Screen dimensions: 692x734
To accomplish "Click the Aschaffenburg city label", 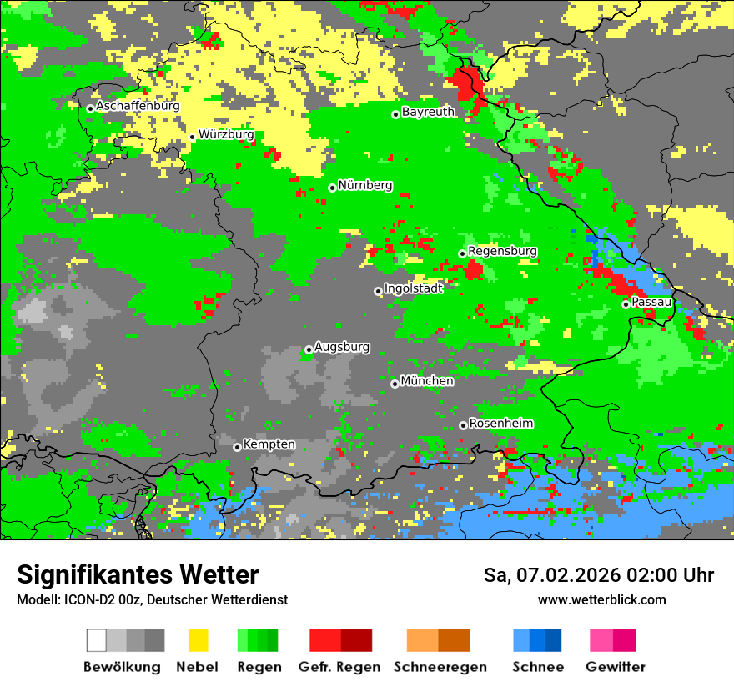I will click(x=138, y=107).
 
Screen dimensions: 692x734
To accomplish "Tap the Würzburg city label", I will click(x=226, y=134).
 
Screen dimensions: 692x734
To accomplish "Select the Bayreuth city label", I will click(x=428, y=112).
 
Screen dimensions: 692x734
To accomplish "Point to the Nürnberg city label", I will click(x=364, y=186).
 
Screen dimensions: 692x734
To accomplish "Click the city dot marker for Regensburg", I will click(x=462, y=253).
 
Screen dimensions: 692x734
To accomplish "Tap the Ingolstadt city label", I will click(x=413, y=288).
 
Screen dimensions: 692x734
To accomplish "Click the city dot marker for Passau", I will click(x=626, y=304).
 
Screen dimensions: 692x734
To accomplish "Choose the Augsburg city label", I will click(x=342, y=347).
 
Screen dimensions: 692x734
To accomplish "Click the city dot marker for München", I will click(x=395, y=384).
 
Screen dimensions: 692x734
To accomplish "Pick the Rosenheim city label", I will click(x=500, y=424).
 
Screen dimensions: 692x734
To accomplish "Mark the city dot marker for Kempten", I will click(x=237, y=447).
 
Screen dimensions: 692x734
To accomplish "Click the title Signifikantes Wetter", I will click(x=138, y=575).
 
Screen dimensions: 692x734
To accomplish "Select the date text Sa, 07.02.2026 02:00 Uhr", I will click(x=598, y=575).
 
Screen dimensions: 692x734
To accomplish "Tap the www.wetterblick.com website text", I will click(x=601, y=600).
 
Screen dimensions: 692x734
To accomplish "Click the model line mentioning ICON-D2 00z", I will click(x=152, y=600).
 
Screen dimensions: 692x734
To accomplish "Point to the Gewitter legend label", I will click(x=615, y=667).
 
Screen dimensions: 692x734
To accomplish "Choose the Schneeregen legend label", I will click(x=440, y=667).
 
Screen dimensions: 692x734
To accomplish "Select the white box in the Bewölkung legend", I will click(x=97, y=640).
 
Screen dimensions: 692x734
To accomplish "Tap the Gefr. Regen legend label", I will click(x=339, y=667).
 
